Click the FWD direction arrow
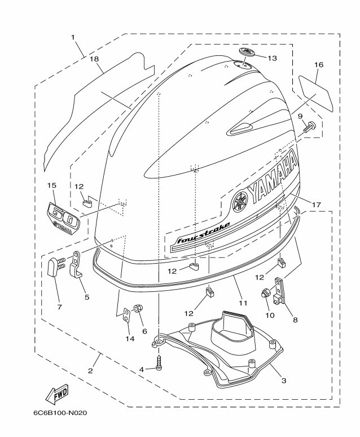[x=57, y=394]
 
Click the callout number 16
[x=319, y=65]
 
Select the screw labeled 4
[x=159, y=362]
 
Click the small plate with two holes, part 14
[x=126, y=315]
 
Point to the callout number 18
[x=95, y=59]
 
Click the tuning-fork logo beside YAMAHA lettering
[x=240, y=201]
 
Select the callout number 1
[x=73, y=37]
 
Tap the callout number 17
[x=317, y=205]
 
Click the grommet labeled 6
[x=138, y=309]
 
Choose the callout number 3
[x=284, y=381]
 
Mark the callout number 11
[x=243, y=303]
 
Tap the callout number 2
[x=90, y=371]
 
